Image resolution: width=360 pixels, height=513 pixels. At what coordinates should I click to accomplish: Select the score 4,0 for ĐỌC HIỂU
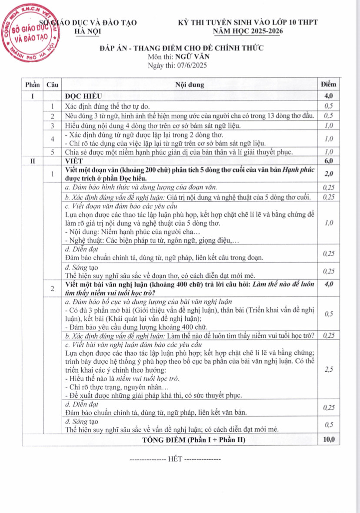coord(328,95)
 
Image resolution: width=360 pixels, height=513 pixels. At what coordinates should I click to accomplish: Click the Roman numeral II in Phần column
coord(32,161)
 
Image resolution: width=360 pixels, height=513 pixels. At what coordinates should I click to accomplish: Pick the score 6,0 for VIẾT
coord(328,161)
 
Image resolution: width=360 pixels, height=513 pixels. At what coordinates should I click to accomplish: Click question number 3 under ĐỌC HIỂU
coord(52,126)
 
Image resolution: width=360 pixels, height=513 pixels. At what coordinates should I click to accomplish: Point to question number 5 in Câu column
coord(52,152)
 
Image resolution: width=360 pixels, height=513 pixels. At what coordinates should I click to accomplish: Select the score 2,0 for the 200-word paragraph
coord(328,173)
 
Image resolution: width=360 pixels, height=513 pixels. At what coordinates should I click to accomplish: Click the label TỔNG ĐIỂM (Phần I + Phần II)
coord(194,440)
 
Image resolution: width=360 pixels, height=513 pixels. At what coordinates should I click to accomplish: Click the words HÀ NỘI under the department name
coord(88,31)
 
